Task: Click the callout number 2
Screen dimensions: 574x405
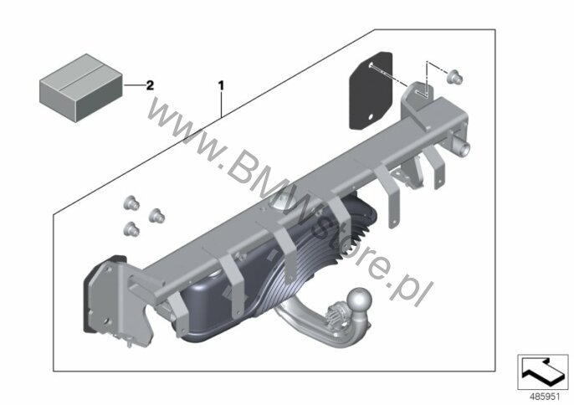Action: coord(150,85)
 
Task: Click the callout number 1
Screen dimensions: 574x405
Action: coord(221,85)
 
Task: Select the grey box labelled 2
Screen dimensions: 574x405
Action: coord(81,88)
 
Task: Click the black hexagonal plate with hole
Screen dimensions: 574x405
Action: coord(371,90)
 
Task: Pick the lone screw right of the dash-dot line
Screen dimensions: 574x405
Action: coord(456,76)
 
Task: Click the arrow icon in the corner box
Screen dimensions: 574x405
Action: coord(543,372)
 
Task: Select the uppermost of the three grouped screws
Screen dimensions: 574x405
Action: coord(132,202)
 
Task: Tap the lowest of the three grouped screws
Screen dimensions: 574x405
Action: coord(131,229)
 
